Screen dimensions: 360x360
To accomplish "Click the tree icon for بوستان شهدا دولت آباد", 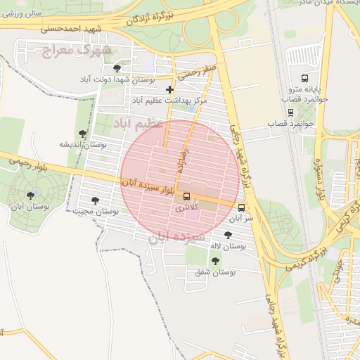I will coord(117,68).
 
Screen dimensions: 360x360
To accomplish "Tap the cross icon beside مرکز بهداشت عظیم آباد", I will coord(169,89).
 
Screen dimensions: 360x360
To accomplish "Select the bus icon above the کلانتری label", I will coord(186,196).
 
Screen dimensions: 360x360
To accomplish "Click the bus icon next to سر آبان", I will coord(242,208).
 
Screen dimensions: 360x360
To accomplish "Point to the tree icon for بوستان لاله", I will coord(228,235).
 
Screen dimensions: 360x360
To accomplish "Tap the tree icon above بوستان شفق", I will coord(215,261).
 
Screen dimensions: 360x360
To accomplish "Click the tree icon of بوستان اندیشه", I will coord(83,133).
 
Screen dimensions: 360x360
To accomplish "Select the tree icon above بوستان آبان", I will coord(30,195).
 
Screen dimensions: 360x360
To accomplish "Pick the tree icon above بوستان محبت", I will coord(95,200).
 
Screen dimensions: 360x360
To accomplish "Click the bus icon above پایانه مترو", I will coord(304,78).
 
